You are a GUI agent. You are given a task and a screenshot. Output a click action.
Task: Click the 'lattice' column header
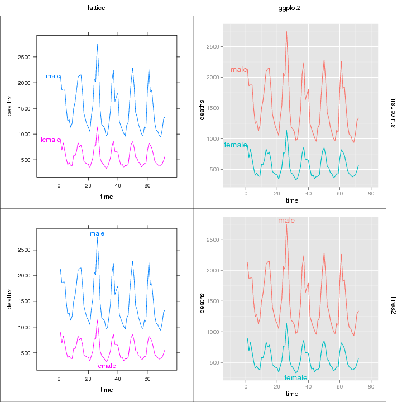(x=97, y=7)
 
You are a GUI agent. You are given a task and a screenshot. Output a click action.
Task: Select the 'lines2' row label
(x=393, y=305)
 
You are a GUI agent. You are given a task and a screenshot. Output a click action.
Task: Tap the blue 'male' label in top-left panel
(x=53, y=76)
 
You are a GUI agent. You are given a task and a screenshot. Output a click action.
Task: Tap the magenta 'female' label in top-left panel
(x=51, y=140)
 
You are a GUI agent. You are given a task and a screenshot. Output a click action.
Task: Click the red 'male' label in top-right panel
(x=239, y=70)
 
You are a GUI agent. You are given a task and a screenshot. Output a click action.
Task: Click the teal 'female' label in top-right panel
(x=235, y=145)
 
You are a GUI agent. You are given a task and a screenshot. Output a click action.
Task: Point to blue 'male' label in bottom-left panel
(x=97, y=233)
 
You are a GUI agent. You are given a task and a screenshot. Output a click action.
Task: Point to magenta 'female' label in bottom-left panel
(x=106, y=366)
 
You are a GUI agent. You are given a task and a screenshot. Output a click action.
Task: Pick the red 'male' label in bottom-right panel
(x=286, y=221)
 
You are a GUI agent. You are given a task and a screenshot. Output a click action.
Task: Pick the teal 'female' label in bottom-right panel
(x=295, y=378)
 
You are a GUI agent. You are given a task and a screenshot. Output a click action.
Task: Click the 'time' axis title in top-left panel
(x=107, y=196)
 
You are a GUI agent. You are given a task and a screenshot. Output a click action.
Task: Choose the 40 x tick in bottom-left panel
(x=118, y=379)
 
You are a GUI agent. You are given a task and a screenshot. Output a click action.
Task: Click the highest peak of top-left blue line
(x=97, y=45)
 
